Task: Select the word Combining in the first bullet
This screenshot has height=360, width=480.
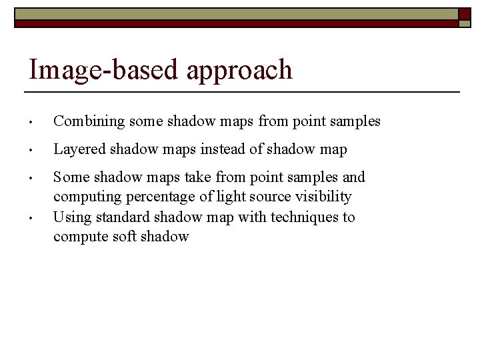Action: [x=89, y=122]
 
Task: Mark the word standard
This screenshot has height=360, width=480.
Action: [x=123, y=217]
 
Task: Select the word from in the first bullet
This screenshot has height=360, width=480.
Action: [x=271, y=121]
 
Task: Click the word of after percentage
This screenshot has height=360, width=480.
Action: [x=203, y=197]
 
